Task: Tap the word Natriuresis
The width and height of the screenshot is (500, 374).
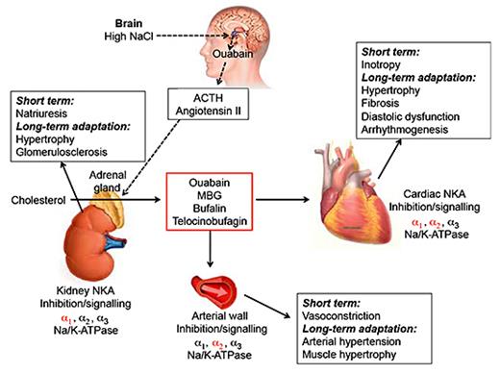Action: pyautogui.click(x=43, y=112)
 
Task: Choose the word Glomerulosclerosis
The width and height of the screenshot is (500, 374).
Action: pyautogui.click(x=59, y=150)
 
